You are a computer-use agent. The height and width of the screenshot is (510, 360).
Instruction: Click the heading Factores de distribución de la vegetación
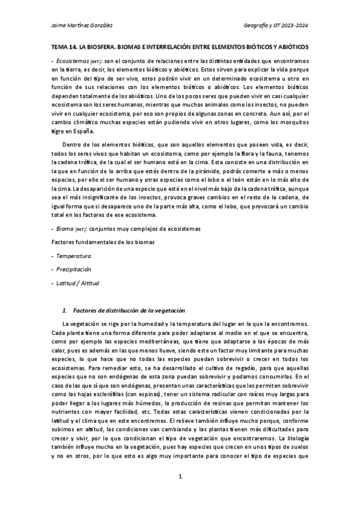[129, 310]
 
